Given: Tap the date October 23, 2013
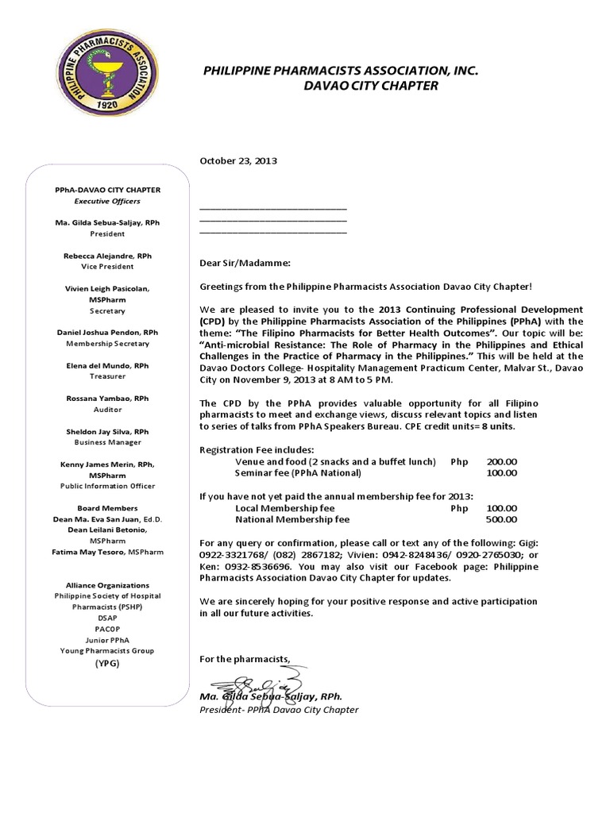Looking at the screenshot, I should point(237,160).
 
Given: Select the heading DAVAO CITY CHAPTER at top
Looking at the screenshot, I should point(371,86).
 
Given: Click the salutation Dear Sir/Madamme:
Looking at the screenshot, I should point(245,263).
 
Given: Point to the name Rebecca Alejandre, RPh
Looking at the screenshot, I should point(107,256).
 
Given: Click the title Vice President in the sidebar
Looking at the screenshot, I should point(107,268).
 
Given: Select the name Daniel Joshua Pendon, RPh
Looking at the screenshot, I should point(107,333).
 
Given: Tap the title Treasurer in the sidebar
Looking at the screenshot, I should point(107,376).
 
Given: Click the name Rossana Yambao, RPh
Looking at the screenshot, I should point(107,399).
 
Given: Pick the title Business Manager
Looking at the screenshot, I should point(107,442).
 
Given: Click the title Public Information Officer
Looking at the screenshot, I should point(107,486).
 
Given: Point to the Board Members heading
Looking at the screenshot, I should point(107,508).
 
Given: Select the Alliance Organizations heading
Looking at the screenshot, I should point(107,585).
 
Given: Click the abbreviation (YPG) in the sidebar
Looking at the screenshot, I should point(107,662).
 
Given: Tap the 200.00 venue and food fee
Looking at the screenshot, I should point(501,461).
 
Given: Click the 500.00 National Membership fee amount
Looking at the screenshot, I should point(501,520).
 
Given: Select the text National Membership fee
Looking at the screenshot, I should point(292,520).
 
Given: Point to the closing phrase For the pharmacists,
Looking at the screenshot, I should point(245,659).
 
